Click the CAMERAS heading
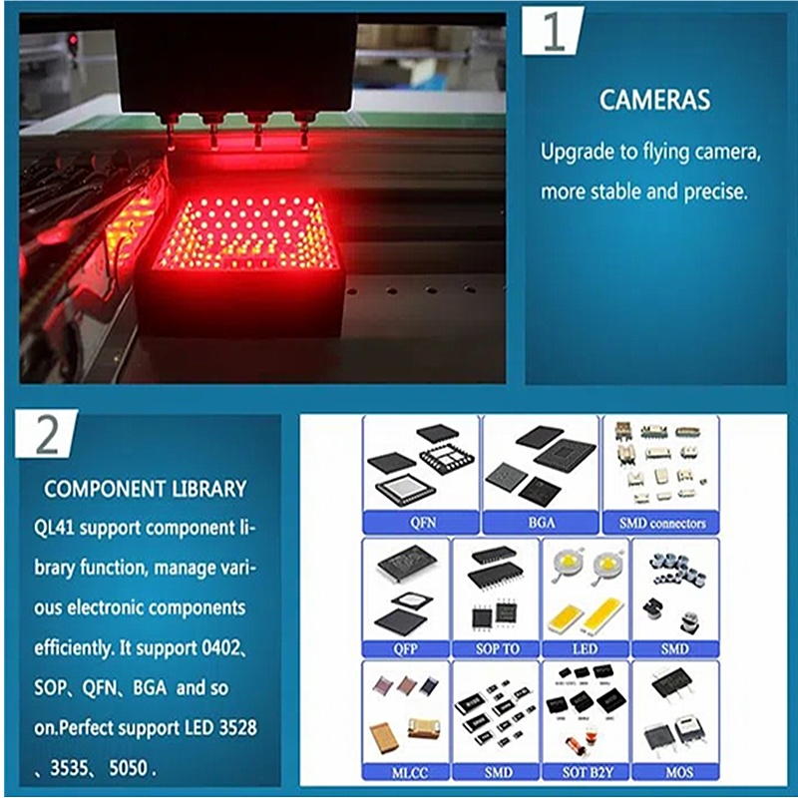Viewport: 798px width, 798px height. [x=654, y=100]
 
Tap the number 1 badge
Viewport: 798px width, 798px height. [x=553, y=32]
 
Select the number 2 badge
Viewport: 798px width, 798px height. [x=47, y=434]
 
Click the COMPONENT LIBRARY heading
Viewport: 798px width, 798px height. [x=145, y=489]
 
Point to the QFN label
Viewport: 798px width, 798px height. [x=422, y=523]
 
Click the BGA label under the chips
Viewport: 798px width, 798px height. [x=542, y=523]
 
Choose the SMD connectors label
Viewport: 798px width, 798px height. [x=662, y=523]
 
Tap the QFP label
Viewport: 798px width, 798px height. [x=405, y=649]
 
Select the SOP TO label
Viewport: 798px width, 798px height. [x=497, y=649]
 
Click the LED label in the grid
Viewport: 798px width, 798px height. [x=585, y=649]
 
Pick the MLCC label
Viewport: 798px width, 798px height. [x=410, y=773]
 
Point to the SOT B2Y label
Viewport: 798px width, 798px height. [x=588, y=772]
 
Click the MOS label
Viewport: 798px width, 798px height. [x=679, y=772]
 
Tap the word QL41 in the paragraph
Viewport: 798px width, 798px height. [x=54, y=528]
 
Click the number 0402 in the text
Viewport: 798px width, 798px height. [x=220, y=647]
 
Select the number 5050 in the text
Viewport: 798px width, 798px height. [x=129, y=768]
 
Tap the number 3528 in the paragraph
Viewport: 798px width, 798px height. [x=237, y=728]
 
